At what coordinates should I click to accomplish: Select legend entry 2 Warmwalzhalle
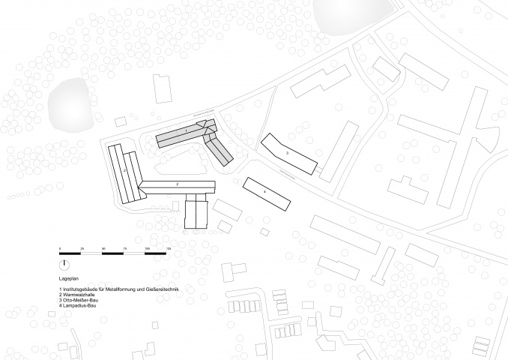tap(80, 295)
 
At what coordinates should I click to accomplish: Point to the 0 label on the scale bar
tap(61, 247)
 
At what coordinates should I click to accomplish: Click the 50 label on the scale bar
tap(103, 247)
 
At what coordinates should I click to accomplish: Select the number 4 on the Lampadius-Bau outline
tap(264, 193)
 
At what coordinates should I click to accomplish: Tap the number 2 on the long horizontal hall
tap(177, 184)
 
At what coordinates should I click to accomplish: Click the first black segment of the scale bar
tap(71, 253)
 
